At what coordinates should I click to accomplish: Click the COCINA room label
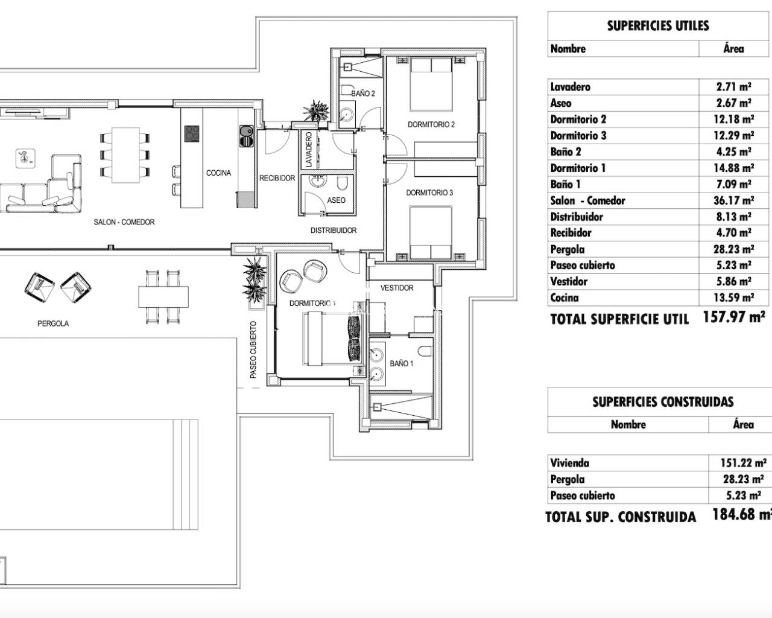point(218,173)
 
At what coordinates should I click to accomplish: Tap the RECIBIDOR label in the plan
point(277,178)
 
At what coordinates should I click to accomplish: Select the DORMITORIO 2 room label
point(431,125)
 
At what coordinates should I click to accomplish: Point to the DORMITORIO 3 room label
point(429,193)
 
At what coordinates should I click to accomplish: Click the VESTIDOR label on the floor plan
point(397,288)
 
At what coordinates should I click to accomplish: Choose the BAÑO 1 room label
point(401,363)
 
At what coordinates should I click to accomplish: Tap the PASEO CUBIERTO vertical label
point(253,350)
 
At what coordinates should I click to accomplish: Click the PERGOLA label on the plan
point(53,323)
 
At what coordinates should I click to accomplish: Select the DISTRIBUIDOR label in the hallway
point(333,231)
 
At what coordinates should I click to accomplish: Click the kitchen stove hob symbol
point(192,133)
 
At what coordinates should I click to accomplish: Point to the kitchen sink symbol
point(245,135)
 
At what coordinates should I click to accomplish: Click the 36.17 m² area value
point(733,201)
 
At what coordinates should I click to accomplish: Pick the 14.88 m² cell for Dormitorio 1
point(733,168)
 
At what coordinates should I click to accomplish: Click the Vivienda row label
point(569,463)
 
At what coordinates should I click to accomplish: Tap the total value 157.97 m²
point(734,317)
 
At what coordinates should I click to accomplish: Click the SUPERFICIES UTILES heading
point(657,26)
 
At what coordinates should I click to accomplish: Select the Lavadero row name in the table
point(570,87)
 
